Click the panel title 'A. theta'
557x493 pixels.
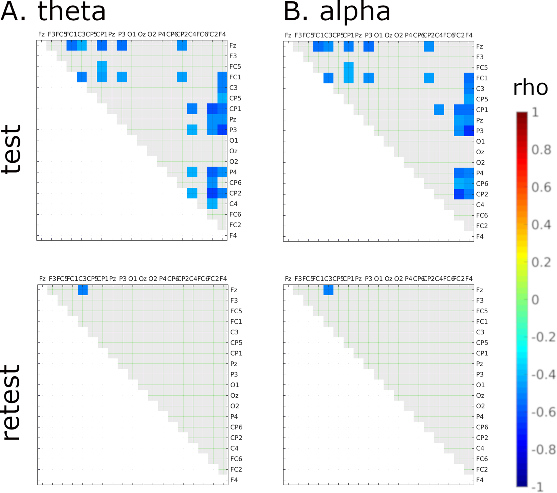pos(54,12)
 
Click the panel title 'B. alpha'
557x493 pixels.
pos(337,12)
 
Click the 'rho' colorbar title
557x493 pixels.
pos(530,88)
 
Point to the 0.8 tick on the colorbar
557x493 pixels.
pos(541,150)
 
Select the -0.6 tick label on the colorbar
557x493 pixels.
pos(543,412)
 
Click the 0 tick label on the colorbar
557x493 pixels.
pos(535,300)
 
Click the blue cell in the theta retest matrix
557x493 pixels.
pos(82,290)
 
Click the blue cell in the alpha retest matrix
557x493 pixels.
pos(328,290)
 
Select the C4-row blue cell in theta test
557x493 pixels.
pos(212,204)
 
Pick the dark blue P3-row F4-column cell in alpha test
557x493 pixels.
pos(469,131)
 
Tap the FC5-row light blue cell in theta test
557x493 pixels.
pos(102,66)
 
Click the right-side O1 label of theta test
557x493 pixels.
pos(234,140)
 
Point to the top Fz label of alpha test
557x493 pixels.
pos(288,35)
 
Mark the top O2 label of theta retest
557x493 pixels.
pos(153,279)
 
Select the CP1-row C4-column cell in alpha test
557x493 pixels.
pos(439,110)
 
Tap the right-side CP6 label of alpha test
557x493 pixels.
pos(482,183)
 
